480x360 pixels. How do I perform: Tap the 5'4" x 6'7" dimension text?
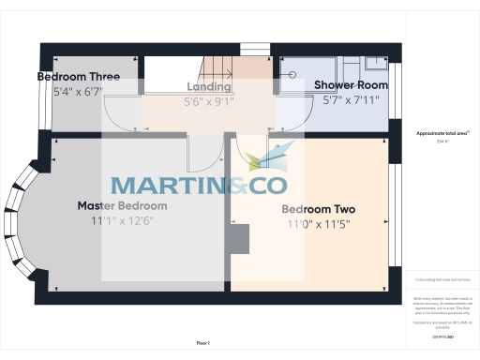click(77, 92)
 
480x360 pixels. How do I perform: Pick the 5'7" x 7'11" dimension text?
click(349, 99)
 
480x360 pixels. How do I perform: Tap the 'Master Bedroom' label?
click(122, 205)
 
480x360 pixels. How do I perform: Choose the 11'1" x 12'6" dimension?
click(122, 221)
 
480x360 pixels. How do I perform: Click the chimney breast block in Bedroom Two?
click(242, 239)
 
